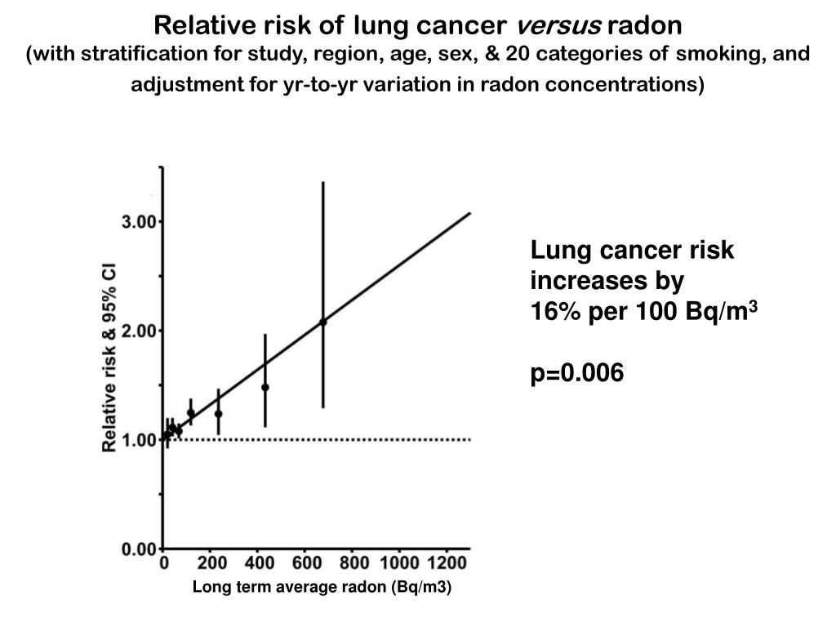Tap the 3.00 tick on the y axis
click(x=140, y=222)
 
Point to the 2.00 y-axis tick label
click(x=140, y=331)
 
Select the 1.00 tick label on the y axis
click(x=140, y=440)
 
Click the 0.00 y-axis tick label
click(x=140, y=549)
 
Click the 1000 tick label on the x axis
click(x=399, y=564)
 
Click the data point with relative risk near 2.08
click(x=323, y=322)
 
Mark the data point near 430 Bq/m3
click(x=265, y=387)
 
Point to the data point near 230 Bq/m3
click(x=218, y=414)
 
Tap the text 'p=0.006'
click(x=577, y=374)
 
